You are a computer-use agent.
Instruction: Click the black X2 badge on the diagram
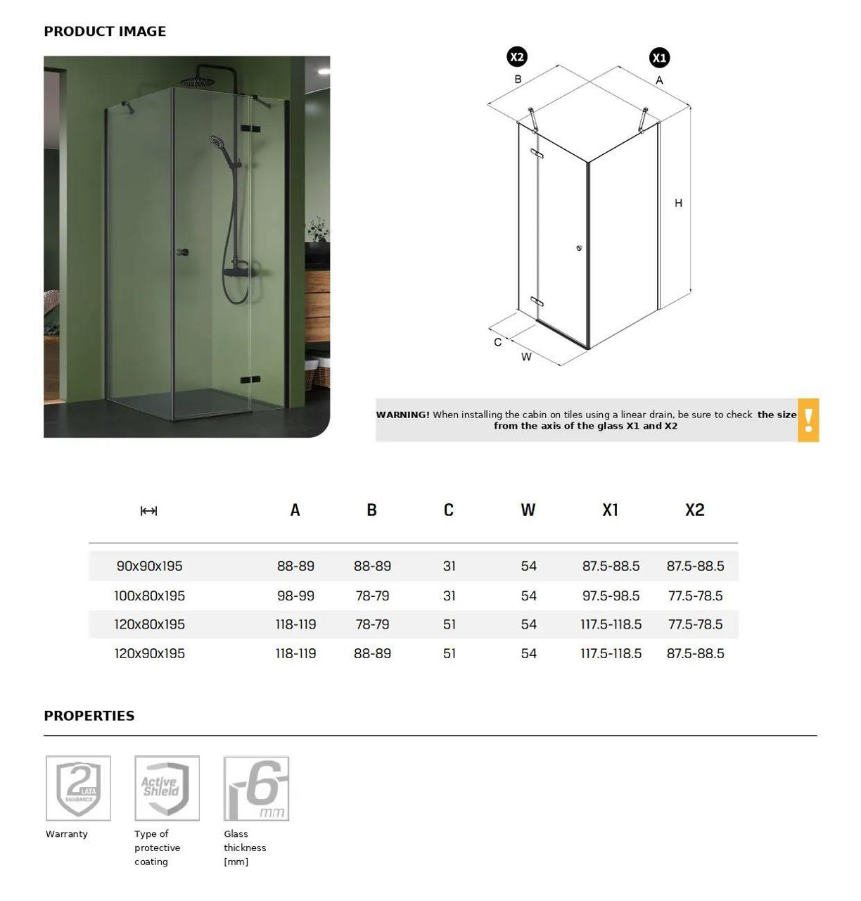pos(517,57)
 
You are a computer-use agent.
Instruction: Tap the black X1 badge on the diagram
pos(659,58)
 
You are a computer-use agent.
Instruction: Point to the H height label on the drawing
pos(678,203)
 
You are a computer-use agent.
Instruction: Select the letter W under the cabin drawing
pos(526,357)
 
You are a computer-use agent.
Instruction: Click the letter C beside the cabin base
pos(498,342)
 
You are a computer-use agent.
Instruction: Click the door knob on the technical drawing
pos(579,248)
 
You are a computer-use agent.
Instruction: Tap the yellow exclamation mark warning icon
pos(808,420)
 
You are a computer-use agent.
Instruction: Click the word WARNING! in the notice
pos(402,415)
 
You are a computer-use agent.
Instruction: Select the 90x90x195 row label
pos(149,566)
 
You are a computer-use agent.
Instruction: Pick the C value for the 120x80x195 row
pos(449,624)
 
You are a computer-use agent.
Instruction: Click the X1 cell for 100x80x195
pos(611,596)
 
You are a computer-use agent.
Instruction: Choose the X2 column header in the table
pos(694,510)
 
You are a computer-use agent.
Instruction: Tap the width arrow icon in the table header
pos(148,511)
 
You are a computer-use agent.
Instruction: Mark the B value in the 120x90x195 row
pos(372,653)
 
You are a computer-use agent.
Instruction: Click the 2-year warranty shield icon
pos(78,788)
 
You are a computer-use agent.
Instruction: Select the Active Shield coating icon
pos(167,788)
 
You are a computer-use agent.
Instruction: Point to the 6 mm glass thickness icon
pos(256,788)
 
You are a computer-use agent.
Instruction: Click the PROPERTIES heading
pos(89,716)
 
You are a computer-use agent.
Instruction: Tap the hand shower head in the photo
pos(217,143)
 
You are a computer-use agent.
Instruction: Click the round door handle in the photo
pos(184,251)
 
